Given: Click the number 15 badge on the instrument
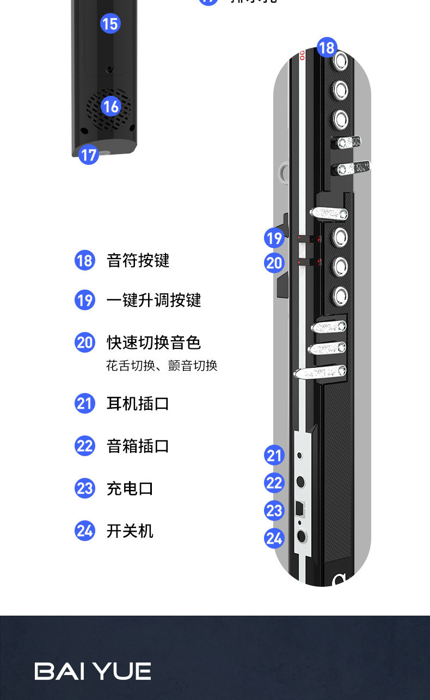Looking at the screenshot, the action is click(110, 23).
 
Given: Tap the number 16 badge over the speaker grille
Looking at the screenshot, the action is click(110, 106).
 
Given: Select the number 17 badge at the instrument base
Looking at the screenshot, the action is click(88, 155).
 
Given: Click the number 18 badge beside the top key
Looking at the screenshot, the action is click(327, 47).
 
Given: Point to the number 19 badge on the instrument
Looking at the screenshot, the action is click(274, 238).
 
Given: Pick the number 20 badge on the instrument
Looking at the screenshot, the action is click(274, 263).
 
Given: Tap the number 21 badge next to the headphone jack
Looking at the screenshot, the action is click(274, 455).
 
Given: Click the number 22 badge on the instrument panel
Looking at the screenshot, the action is click(274, 482).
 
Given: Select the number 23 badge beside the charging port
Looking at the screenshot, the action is click(274, 511).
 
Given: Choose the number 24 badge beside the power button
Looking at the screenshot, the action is click(274, 538).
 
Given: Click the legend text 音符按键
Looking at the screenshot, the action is click(138, 261).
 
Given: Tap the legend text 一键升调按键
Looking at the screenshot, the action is click(153, 300).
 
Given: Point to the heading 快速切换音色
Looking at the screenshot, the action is click(153, 343).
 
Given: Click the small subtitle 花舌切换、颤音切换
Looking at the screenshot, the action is click(162, 366).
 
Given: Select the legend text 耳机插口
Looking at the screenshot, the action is click(138, 404).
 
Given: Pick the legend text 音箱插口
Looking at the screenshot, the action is click(138, 446).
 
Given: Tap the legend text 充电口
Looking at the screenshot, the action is click(130, 488).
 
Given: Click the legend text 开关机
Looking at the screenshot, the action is click(130, 531).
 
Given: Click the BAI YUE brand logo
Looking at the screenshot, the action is click(93, 671).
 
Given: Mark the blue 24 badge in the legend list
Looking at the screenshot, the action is click(85, 530).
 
